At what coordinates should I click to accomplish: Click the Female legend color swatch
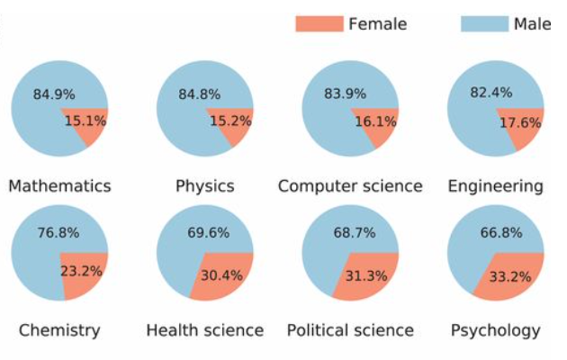319,24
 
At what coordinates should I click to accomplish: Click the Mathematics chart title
59,186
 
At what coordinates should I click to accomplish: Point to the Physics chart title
205,186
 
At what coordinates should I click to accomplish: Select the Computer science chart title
350,186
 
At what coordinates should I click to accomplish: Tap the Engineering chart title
496,186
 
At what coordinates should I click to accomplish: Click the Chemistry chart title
59,330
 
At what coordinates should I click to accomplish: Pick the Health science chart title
205,330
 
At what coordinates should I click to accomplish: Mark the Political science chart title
350,330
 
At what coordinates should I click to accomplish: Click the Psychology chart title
496,330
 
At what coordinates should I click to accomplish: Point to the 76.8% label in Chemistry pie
58,232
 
